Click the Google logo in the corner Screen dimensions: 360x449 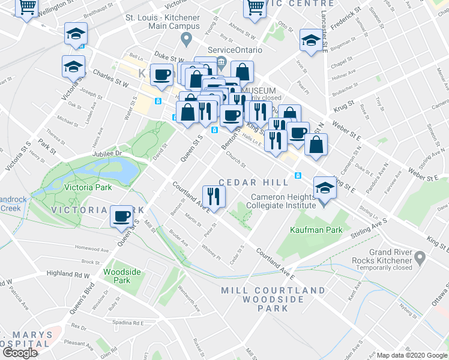click(20, 353)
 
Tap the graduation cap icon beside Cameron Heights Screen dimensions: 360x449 click(324, 188)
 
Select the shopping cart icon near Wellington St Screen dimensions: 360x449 click(27, 8)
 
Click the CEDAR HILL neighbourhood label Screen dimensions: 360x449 click(246, 182)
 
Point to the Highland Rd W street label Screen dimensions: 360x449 click(68, 274)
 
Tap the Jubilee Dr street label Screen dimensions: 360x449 click(107, 153)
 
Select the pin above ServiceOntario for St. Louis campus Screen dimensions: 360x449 click(186, 41)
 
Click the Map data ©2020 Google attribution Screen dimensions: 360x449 click(412, 355)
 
